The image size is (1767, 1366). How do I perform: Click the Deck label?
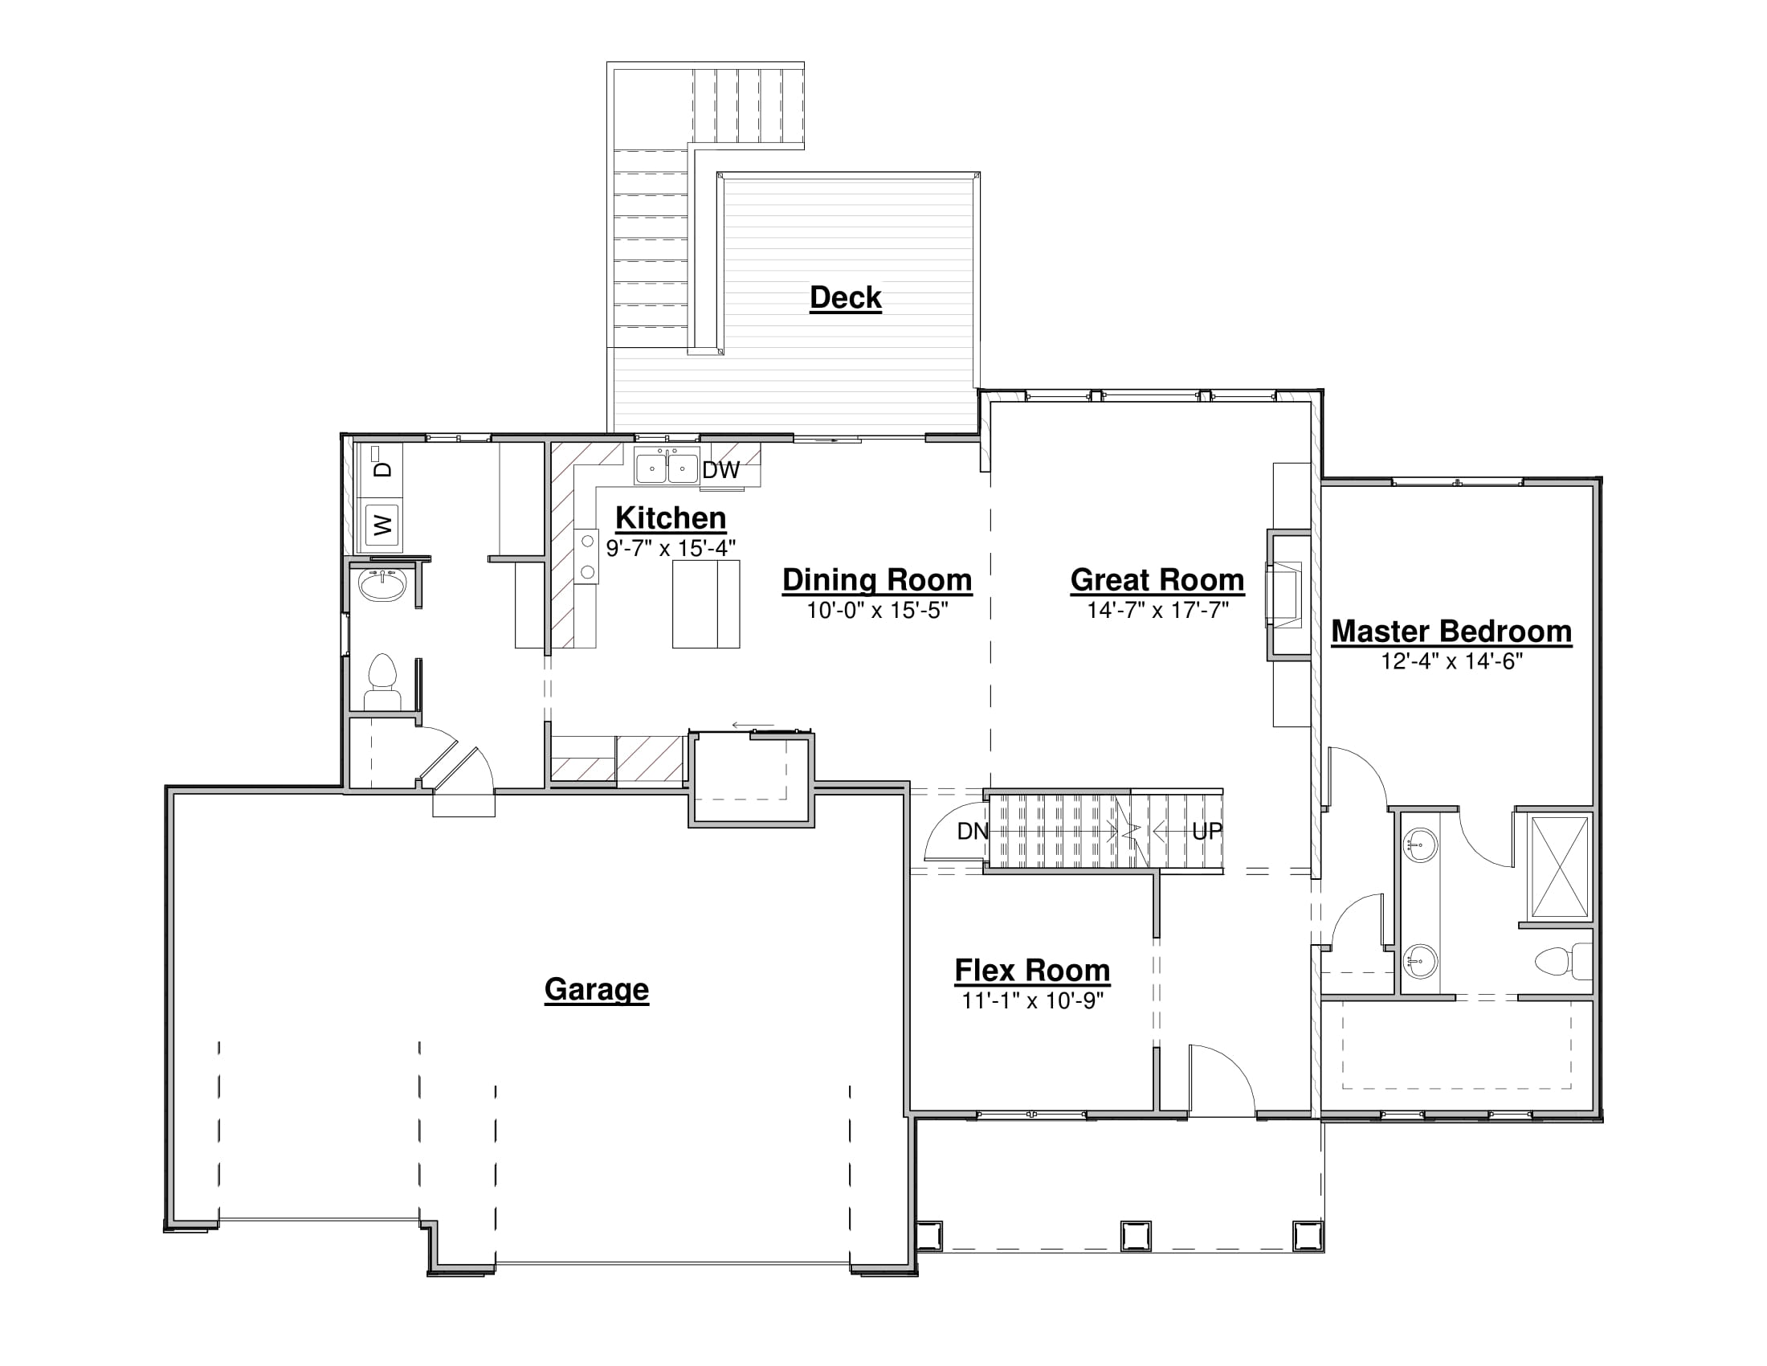click(x=846, y=298)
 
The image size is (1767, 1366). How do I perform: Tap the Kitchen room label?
click(x=671, y=518)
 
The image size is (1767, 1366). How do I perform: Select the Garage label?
click(x=596, y=989)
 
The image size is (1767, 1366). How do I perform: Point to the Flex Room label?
click(x=1032, y=971)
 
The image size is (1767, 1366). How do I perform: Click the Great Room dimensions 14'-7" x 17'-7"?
click(x=1157, y=610)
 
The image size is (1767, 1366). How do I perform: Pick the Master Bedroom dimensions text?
click(x=1451, y=661)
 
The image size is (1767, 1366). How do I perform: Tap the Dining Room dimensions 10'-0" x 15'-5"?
click(x=877, y=610)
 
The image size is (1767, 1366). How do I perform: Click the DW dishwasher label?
click(x=721, y=470)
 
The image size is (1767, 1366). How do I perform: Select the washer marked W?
click(x=382, y=526)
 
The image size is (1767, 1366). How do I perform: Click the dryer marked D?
click(x=382, y=467)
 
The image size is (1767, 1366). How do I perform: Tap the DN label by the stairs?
click(x=973, y=831)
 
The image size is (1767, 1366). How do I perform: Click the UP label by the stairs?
click(x=1207, y=831)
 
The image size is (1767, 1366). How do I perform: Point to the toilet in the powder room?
click(x=382, y=682)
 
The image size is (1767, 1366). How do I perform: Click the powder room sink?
click(x=382, y=584)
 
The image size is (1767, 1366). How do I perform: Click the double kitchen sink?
click(x=667, y=467)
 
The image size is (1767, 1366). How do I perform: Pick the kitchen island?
click(x=705, y=603)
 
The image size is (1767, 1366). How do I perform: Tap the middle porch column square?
click(x=1135, y=1237)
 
